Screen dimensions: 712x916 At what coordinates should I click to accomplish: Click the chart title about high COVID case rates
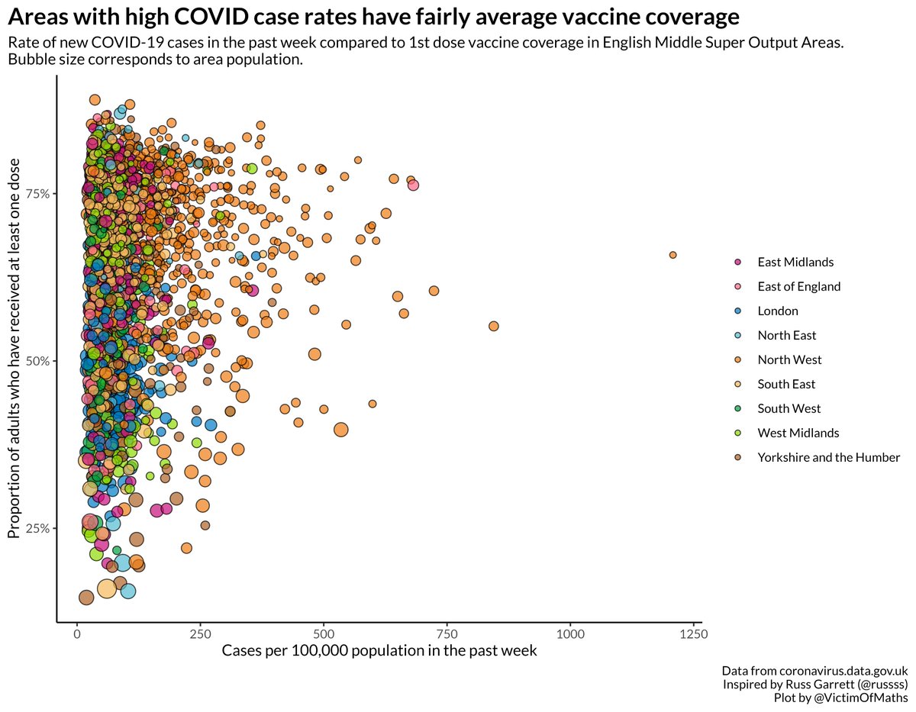click(374, 17)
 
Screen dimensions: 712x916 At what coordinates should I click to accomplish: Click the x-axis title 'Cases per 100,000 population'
click(379, 651)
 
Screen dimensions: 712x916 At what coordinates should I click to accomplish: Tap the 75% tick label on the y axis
click(39, 194)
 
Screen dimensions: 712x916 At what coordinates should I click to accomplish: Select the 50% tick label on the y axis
click(39, 361)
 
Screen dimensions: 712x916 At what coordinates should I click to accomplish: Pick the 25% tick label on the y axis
click(39, 528)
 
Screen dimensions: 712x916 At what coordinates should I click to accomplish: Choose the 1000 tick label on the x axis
click(570, 634)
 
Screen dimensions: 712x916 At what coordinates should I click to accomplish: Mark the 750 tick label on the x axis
click(447, 634)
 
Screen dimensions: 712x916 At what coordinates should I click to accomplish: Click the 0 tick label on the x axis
click(77, 634)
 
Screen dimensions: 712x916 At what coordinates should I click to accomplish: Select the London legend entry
click(777, 311)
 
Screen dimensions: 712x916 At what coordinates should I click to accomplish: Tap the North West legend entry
click(789, 359)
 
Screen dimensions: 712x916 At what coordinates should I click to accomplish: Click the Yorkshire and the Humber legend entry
click(828, 457)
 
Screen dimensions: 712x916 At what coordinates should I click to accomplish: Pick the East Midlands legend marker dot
click(737, 262)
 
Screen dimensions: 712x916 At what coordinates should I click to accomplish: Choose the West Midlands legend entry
click(798, 433)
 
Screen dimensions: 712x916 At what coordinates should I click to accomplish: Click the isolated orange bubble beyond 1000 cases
click(672, 255)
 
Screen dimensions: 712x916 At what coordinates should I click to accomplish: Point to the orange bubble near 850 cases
click(493, 326)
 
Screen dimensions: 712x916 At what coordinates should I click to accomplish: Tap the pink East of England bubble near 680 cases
click(413, 185)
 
